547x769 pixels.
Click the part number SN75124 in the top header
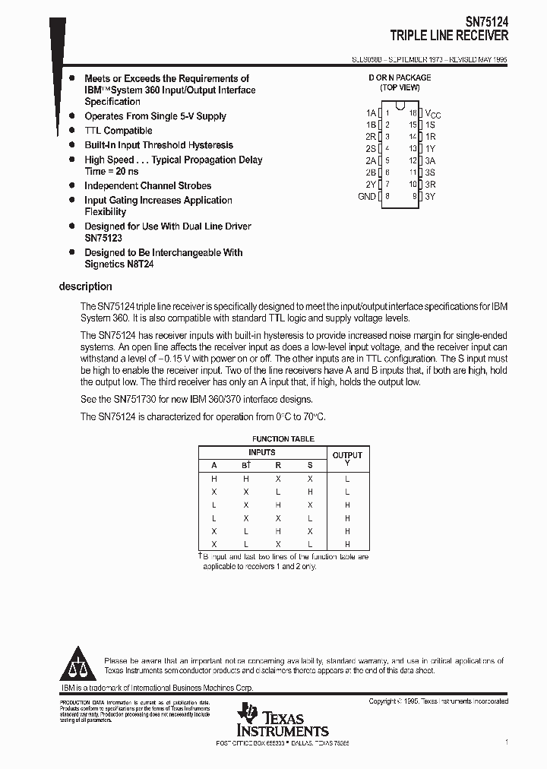click(x=486, y=23)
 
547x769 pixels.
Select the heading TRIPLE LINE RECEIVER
click(x=449, y=36)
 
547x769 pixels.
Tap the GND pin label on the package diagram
click(x=366, y=196)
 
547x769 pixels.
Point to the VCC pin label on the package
click(x=432, y=112)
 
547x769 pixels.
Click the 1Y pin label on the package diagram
click(x=430, y=148)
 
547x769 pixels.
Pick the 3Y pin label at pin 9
click(x=430, y=196)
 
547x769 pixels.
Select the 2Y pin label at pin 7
click(x=370, y=184)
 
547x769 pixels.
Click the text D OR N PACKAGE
click(x=400, y=78)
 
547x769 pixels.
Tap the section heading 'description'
click(x=85, y=286)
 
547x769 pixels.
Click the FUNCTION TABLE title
click(x=283, y=439)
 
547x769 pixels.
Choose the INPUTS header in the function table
click(x=262, y=452)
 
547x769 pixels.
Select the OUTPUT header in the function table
click(x=347, y=455)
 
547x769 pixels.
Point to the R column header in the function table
click(x=278, y=465)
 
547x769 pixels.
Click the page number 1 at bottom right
click(x=505, y=741)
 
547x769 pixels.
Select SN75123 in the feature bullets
click(x=103, y=237)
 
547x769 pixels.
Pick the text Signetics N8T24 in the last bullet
click(x=124, y=264)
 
